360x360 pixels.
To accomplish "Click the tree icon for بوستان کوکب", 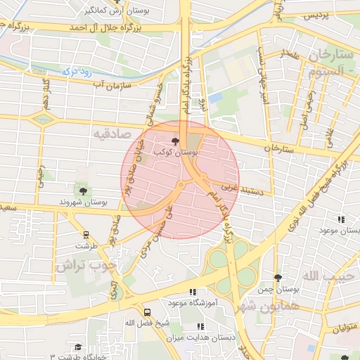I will pos(175,141).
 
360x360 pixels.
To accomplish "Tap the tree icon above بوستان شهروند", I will pos(84,191).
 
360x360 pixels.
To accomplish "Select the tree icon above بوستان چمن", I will pos(278,278).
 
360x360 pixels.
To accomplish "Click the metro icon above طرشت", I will pos(86,236).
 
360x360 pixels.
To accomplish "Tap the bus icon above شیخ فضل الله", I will pos(147,311).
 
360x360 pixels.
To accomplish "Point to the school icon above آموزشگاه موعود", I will pos(193,292).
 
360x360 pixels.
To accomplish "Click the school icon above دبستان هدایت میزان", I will pos(200,326).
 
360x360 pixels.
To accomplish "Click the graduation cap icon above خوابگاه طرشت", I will pos(77,347).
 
